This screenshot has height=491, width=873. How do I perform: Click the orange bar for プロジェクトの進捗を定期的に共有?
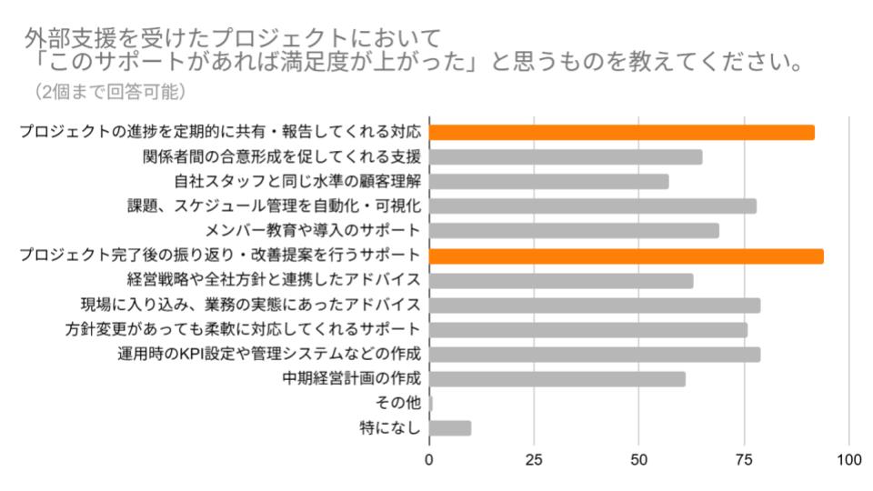[x=621, y=132]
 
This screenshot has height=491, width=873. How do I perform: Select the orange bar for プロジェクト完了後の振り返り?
[x=626, y=256]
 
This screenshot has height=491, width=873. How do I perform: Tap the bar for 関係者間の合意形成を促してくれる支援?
[x=565, y=156]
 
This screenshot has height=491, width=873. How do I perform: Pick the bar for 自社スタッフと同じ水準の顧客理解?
[x=548, y=181]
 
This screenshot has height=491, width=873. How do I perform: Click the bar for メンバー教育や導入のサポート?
[x=574, y=230]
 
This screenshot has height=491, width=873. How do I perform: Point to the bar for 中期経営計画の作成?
[x=557, y=378]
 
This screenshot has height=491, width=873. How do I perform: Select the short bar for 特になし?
[x=450, y=427]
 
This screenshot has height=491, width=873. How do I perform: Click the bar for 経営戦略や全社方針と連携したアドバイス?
[x=561, y=280]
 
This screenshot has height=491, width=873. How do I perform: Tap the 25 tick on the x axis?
[x=535, y=459]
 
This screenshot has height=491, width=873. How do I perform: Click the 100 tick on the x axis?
[x=849, y=459]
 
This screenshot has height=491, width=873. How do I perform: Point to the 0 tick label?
[x=429, y=459]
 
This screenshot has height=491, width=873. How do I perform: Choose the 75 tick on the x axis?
[x=744, y=459]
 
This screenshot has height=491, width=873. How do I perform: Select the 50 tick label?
[x=639, y=459]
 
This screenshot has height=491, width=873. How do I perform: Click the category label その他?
[x=397, y=403]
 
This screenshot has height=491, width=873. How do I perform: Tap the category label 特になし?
[x=390, y=427]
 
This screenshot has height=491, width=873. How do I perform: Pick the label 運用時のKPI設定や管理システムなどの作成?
[x=269, y=354]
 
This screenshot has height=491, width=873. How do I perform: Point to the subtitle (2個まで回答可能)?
[x=110, y=92]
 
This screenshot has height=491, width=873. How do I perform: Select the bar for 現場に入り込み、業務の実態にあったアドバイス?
[x=595, y=305]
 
